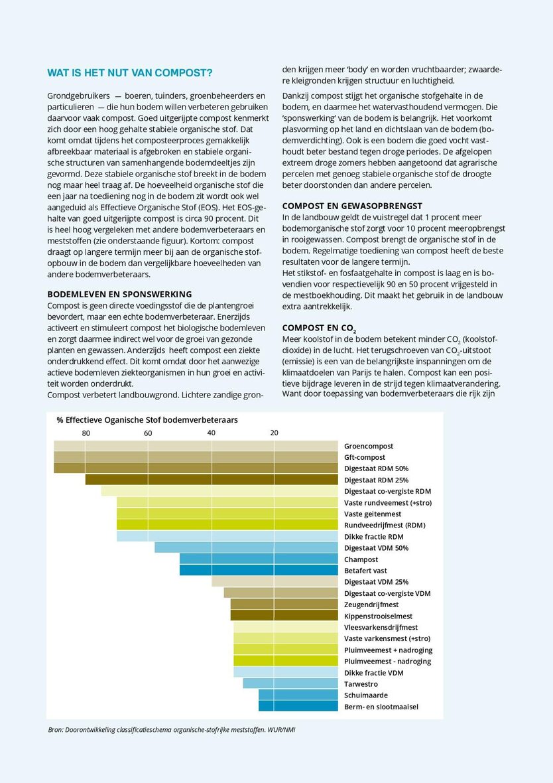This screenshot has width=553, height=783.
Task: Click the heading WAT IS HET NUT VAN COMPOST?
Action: pos(130,72)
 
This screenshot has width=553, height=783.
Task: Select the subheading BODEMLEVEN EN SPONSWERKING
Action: pos(119,294)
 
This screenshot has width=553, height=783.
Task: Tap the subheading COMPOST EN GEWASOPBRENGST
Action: pos(352,206)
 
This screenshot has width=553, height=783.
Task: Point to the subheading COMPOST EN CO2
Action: pos(319,328)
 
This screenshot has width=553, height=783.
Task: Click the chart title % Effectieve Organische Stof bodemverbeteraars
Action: pos(147,420)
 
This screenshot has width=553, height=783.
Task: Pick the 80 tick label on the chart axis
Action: pos(86,433)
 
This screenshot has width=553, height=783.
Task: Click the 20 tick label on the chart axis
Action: pos(275,433)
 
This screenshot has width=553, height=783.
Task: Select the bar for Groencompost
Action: pos(196,446)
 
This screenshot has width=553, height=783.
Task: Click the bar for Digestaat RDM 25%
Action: pos(212,480)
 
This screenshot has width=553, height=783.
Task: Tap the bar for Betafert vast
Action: pos(259,570)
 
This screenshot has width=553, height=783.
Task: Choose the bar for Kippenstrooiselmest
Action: pos(284,616)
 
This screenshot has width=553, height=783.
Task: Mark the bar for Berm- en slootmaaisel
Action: pos(298,706)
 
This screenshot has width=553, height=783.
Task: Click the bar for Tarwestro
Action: pos(290,683)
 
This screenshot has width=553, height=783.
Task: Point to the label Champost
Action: pos(361,559)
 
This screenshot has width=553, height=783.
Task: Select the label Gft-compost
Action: pos(365,457)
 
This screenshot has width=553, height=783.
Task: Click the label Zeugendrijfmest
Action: pos(371,605)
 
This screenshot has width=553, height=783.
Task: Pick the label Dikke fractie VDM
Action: pos(374,672)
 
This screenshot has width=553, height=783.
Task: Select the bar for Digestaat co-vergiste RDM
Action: pos(219,491)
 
